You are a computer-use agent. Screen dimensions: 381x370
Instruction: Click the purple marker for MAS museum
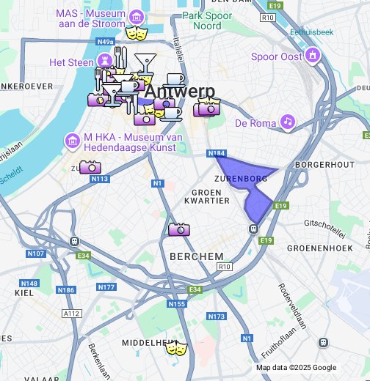pos(136,17)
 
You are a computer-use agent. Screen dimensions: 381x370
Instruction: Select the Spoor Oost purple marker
pos(313,56)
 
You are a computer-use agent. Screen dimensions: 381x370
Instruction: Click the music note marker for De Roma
pos(288,122)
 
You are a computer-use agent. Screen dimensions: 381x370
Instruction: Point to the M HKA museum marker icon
pos(72,139)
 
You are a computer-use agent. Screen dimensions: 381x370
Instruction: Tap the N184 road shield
pos(216,154)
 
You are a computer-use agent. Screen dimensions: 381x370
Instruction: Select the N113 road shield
pos(101,179)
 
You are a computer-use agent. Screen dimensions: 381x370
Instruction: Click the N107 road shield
pos(35,254)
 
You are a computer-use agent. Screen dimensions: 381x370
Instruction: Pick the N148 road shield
pos(29,284)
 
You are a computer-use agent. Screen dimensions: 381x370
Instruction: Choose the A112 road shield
pos(71,314)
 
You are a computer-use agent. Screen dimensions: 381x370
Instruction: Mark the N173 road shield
pos(216,317)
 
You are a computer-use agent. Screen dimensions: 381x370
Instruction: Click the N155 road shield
pos(177,303)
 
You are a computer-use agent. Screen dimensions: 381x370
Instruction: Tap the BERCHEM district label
pos(196,256)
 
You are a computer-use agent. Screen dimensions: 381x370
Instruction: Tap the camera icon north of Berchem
pos(178,229)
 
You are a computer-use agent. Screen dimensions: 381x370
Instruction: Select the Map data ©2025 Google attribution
pos(296,368)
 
